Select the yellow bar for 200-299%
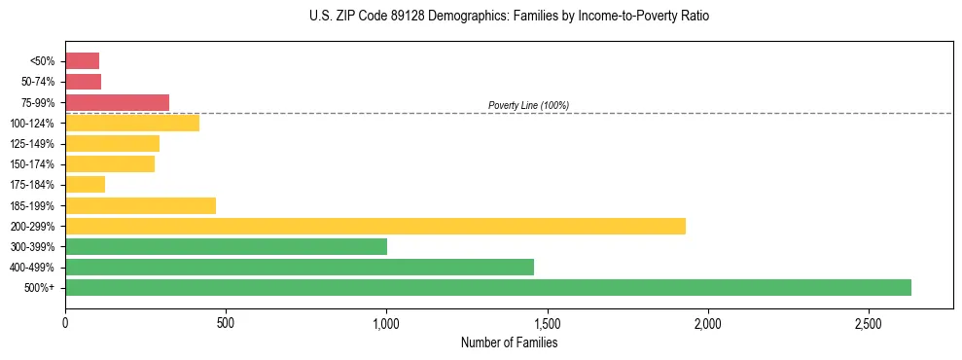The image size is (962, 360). (x=375, y=226)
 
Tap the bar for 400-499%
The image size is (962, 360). (x=300, y=267)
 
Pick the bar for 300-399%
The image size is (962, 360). (x=226, y=246)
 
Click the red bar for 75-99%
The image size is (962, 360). (x=117, y=102)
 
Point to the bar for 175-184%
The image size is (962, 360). (x=85, y=185)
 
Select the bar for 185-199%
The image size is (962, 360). (x=140, y=205)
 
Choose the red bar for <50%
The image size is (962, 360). (x=82, y=61)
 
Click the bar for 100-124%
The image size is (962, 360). (x=132, y=123)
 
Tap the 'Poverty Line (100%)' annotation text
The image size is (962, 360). (x=528, y=105)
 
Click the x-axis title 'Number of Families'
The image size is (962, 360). (x=509, y=342)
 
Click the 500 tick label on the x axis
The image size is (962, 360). (x=226, y=323)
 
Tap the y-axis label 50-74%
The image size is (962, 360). (x=38, y=83)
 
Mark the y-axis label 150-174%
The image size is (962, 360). (x=34, y=164)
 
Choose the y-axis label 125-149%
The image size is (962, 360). (x=34, y=144)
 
